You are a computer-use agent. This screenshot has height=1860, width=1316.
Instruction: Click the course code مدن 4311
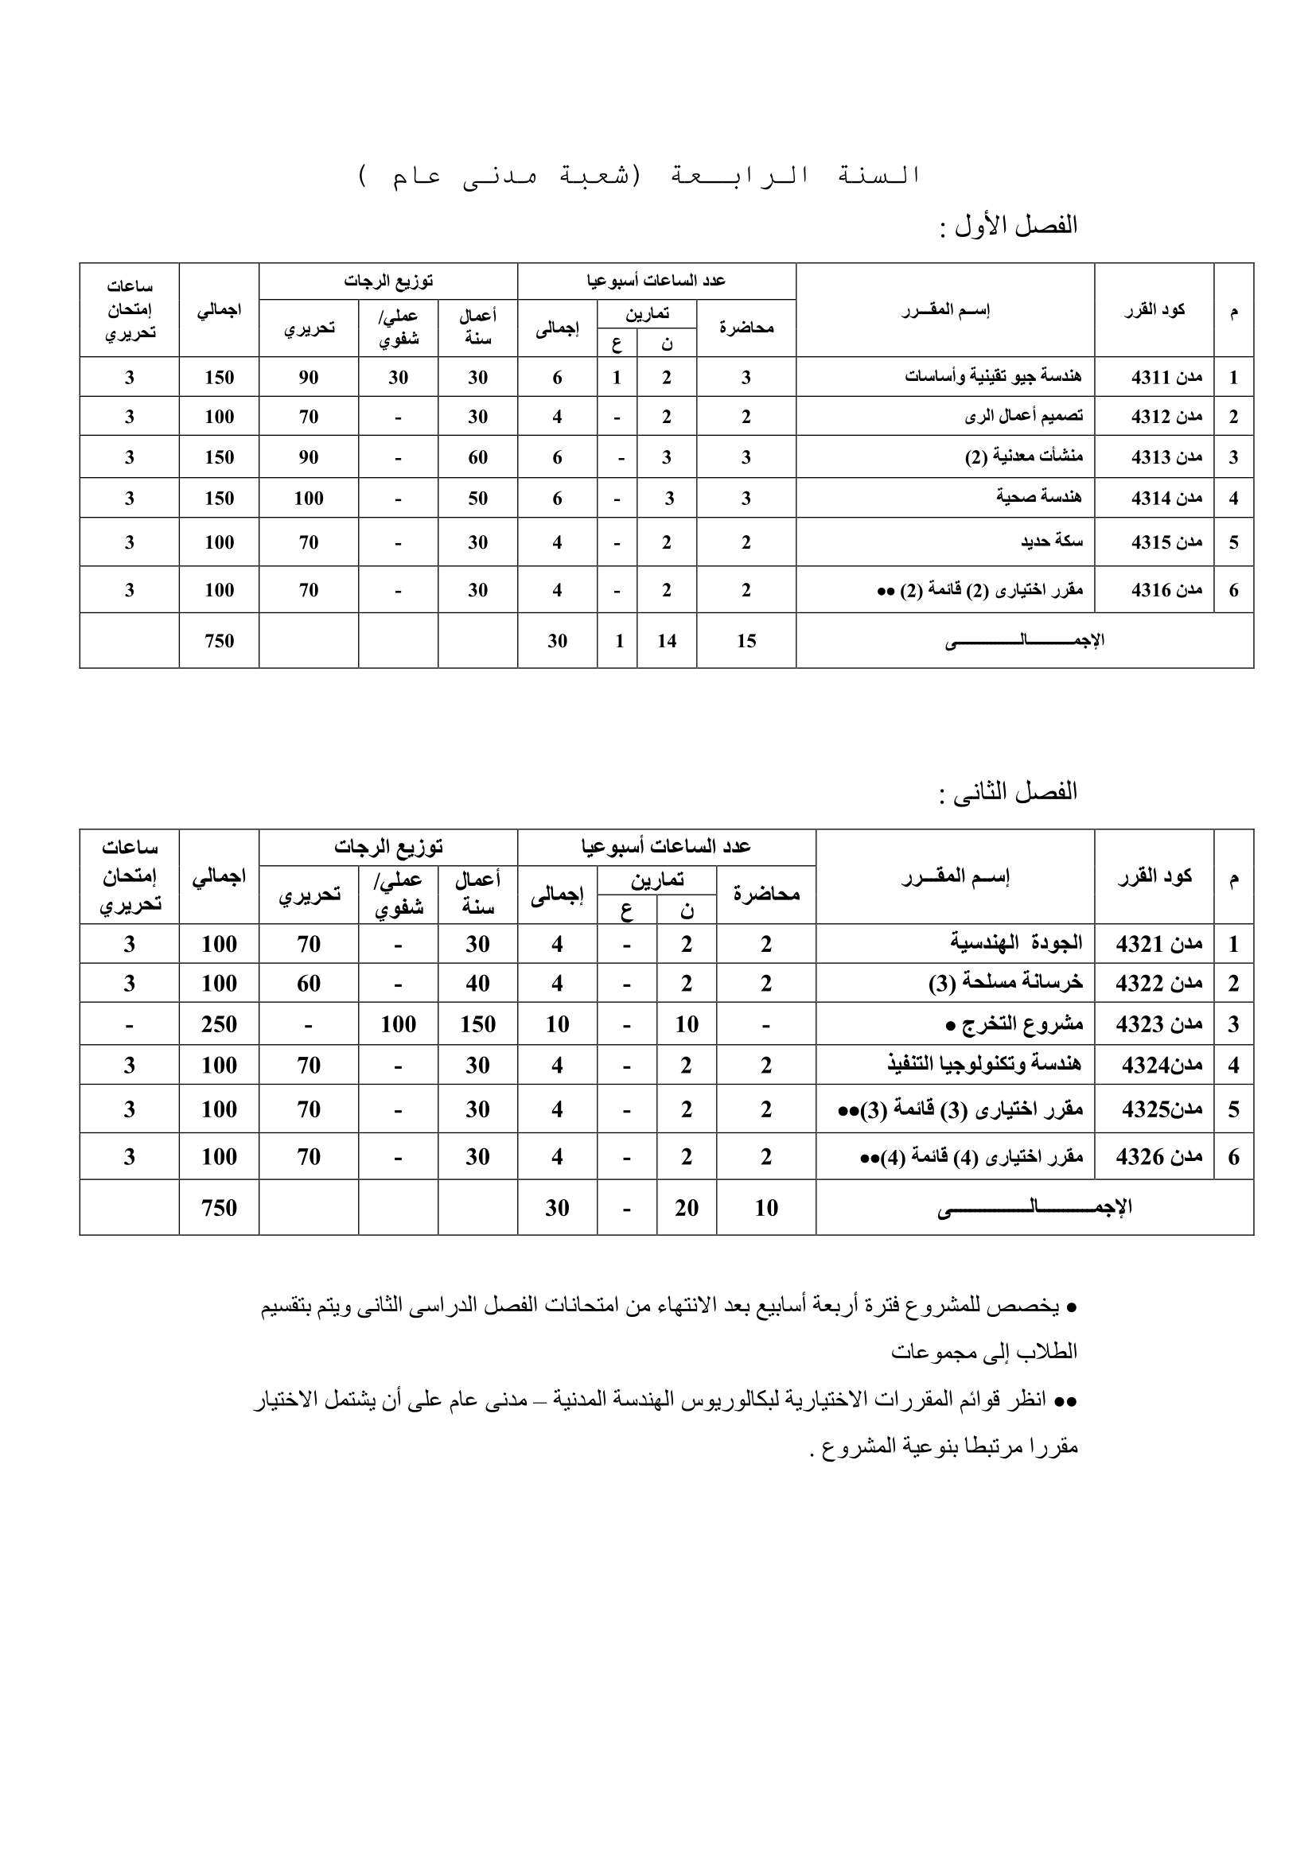1166,378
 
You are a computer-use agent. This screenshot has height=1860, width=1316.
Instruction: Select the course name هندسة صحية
1039,497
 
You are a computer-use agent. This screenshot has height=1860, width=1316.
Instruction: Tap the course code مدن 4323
1158,1024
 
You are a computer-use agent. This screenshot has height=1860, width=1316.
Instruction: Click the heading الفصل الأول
1016,225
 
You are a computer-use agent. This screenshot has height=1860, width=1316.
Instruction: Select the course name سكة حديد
1052,542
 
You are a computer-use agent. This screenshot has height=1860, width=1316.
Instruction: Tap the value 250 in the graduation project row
219,1024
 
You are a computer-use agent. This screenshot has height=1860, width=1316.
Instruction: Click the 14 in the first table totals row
666,641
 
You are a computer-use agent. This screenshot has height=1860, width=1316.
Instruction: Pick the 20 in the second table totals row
686,1208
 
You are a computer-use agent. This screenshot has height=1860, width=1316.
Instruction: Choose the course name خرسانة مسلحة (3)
1006,984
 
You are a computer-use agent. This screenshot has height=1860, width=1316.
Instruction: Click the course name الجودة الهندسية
1016,944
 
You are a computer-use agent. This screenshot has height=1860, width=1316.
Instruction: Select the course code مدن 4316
1166,590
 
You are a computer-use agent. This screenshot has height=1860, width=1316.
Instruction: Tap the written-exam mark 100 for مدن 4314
308,499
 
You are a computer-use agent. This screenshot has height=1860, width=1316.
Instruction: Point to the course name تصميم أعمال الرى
1023,417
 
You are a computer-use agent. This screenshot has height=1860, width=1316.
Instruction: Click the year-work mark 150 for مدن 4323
477,1024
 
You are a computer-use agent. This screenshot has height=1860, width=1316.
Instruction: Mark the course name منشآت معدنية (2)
1023,457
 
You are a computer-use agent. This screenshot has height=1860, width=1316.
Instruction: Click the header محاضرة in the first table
746,328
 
